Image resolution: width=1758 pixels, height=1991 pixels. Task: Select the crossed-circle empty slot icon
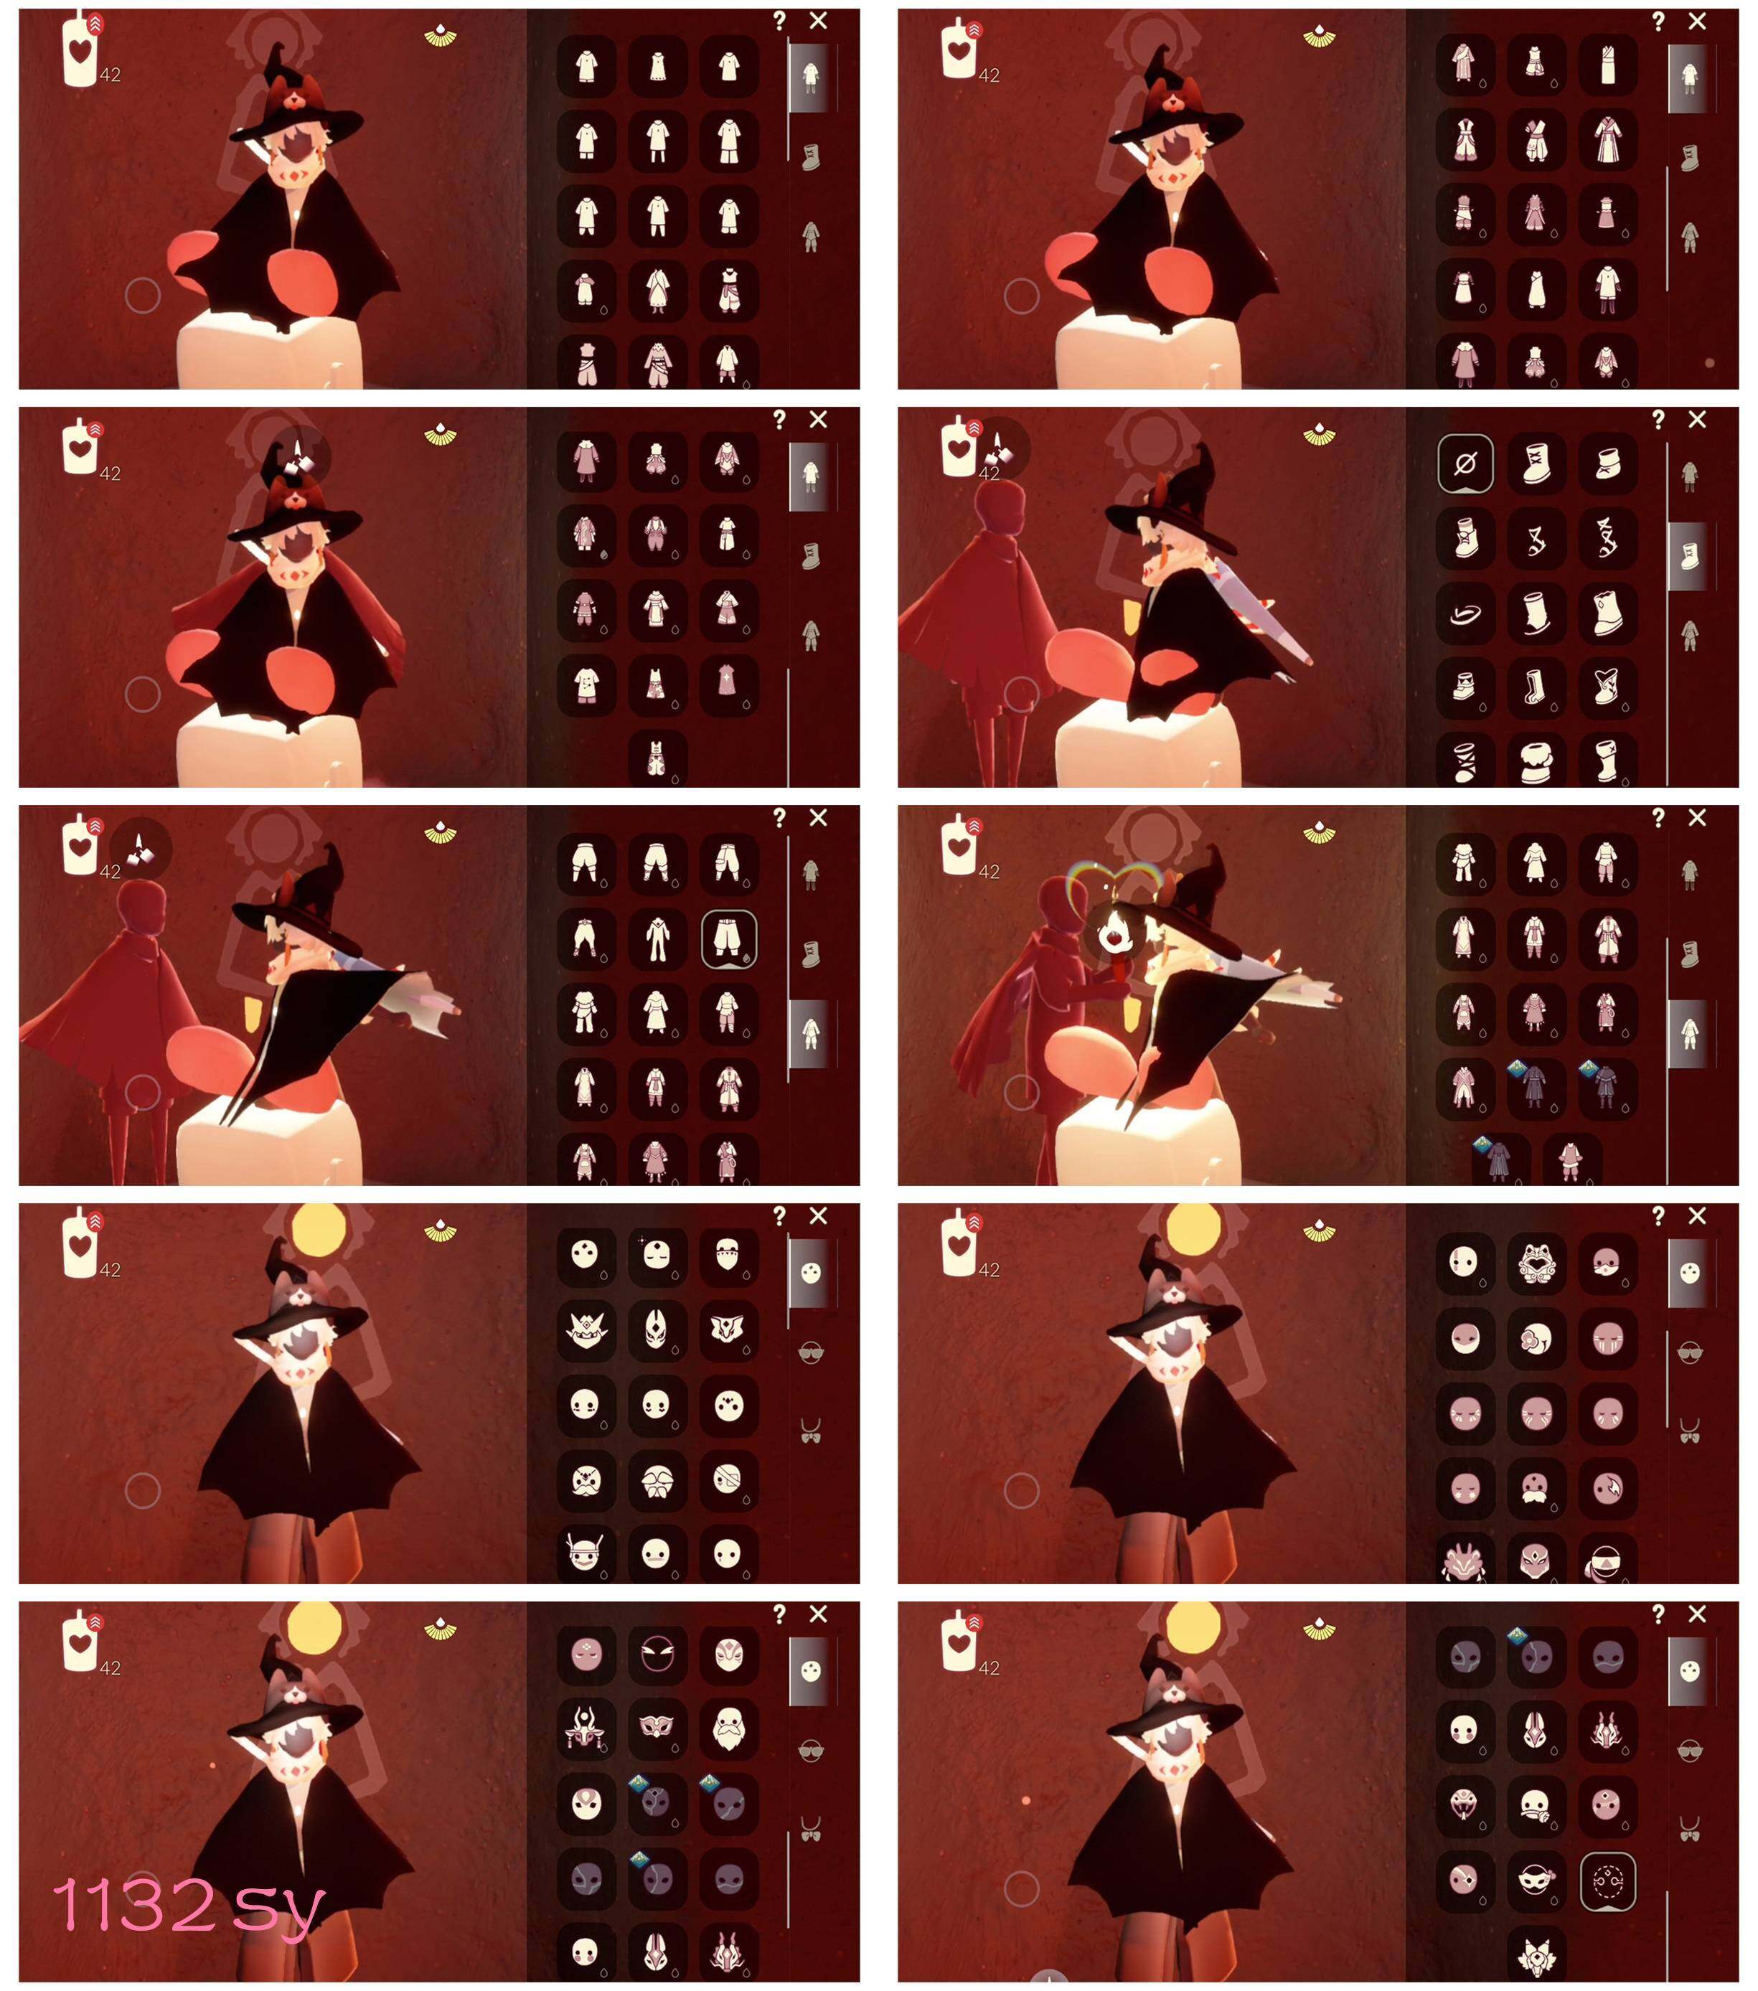coord(1465,463)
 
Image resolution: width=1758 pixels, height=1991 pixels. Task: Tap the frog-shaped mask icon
coord(1536,1263)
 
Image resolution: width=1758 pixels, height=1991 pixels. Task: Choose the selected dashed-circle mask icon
coord(1607,1881)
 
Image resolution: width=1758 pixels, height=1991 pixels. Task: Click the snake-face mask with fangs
coord(1465,1805)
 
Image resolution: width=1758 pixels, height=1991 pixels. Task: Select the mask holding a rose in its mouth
coord(1536,1805)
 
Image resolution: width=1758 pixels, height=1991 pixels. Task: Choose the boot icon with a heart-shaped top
coord(1607,687)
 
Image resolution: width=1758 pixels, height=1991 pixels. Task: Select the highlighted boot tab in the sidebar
coord(1690,556)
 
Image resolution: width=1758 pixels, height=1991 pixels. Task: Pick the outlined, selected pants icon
coord(728,939)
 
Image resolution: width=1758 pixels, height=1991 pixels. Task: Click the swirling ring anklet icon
coord(1465,613)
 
